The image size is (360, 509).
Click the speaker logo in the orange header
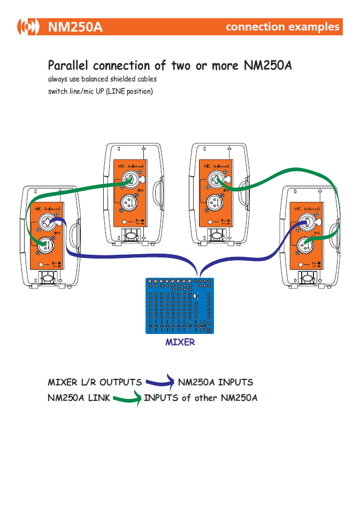(x=28, y=26)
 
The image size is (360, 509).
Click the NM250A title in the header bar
(x=75, y=27)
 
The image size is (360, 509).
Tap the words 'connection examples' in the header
(x=282, y=27)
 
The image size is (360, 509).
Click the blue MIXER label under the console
(x=180, y=342)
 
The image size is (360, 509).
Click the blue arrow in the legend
(x=160, y=382)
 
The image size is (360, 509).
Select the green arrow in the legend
(x=127, y=398)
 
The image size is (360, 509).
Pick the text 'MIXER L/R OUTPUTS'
(x=95, y=382)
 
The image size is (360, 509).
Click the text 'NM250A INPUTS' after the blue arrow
(x=216, y=382)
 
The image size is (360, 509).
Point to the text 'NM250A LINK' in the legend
(x=79, y=398)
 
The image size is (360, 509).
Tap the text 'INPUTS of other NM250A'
(x=201, y=398)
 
